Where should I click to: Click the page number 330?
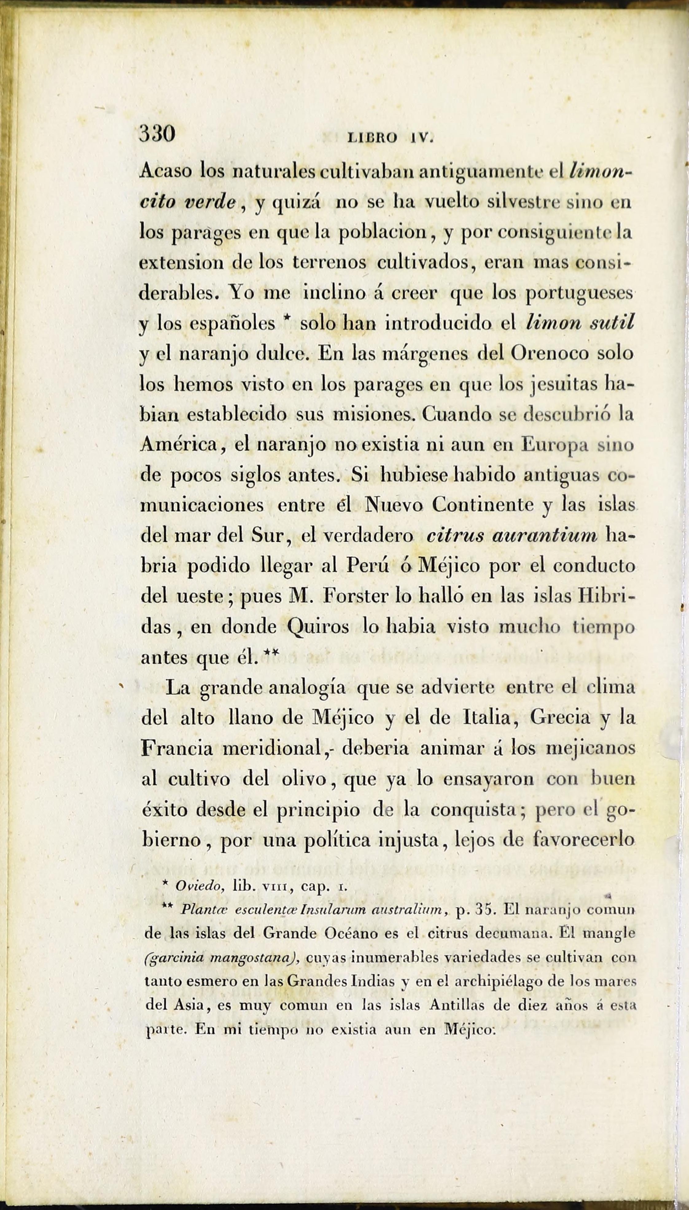click(157, 134)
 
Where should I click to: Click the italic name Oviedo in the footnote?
click(199, 886)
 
